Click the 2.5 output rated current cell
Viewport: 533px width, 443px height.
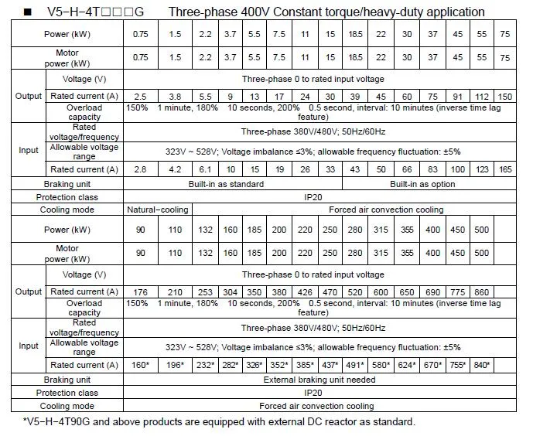tap(141, 95)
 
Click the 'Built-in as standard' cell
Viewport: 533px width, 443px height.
tap(231, 184)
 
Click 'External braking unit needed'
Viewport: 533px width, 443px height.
tap(319, 380)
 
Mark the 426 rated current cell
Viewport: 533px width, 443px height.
tap(305, 291)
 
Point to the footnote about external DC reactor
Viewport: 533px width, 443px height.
tap(218, 422)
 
